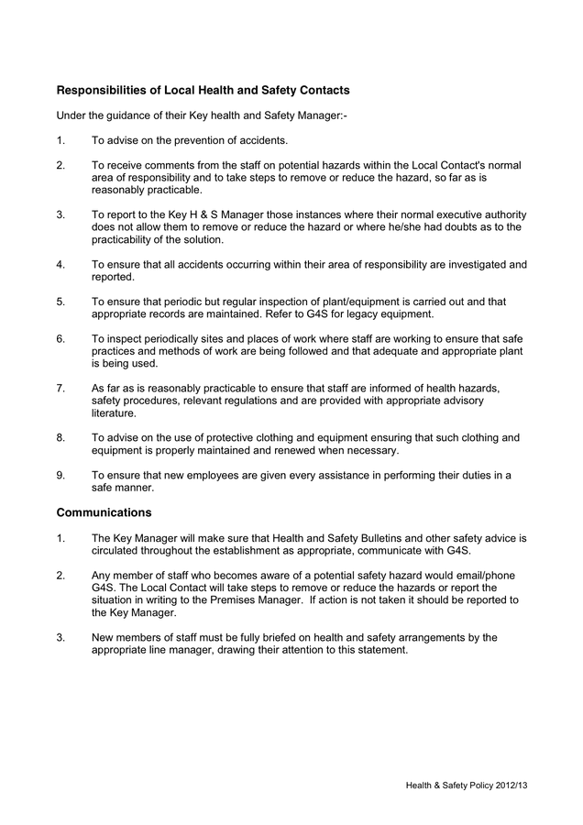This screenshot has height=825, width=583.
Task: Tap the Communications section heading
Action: (104, 512)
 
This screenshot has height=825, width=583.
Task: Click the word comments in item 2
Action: (170, 165)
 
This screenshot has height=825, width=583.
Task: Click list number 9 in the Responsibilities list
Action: (60, 475)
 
